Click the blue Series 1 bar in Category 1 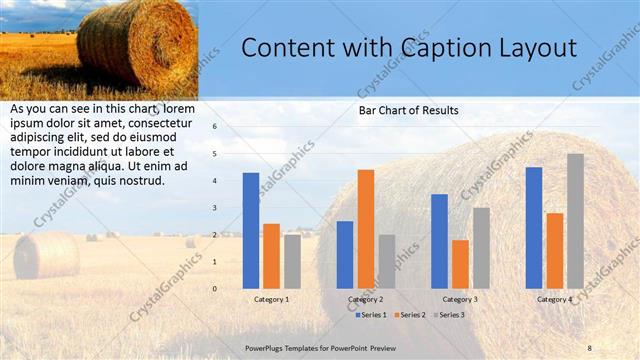(x=250, y=230)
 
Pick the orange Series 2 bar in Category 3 (x=460, y=264)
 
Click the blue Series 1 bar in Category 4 (x=534, y=227)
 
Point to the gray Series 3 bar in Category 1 (x=292, y=261)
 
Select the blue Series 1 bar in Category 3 (x=439, y=240)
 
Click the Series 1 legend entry (x=371, y=315)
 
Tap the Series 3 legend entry (x=450, y=315)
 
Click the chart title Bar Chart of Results (x=408, y=110)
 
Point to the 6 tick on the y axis (x=213, y=127)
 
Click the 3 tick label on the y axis (x=213, y=208)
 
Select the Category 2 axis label (x=365, y=299)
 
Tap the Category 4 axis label (x=554, y=299)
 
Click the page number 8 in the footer (x=589, y=347)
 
